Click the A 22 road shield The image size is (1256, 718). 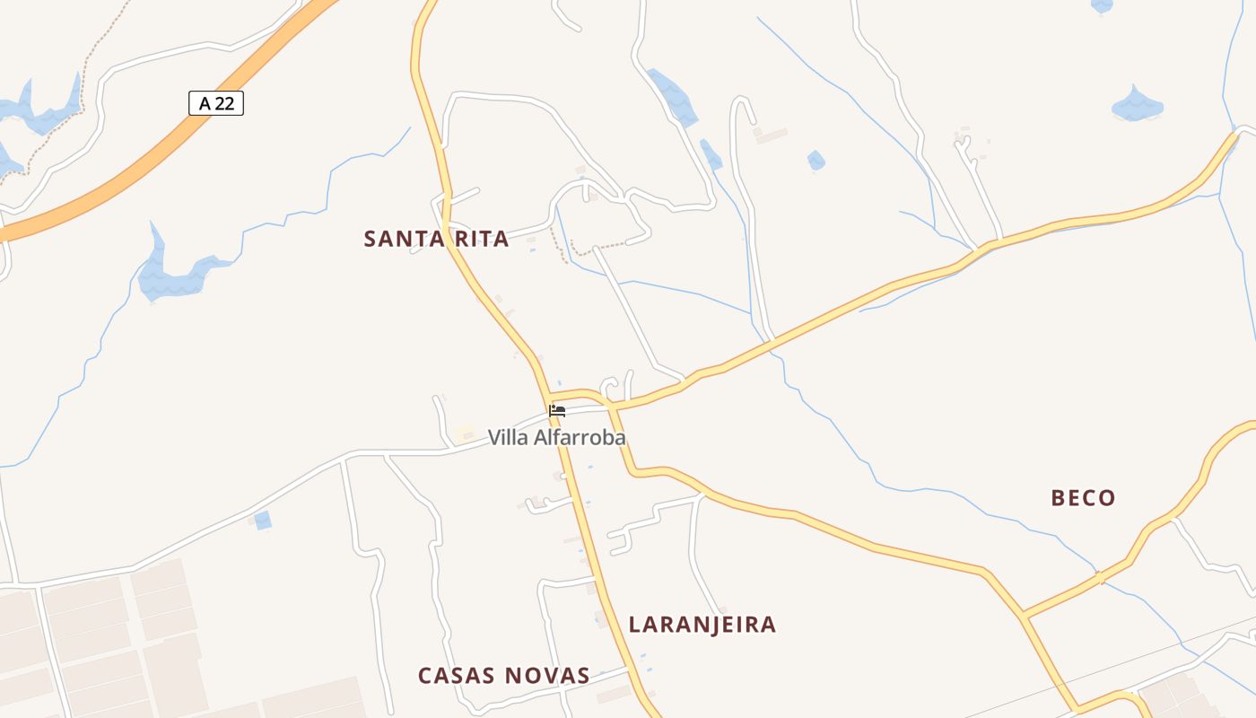click(x=216, y=103)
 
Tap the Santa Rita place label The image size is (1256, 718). click(x=436, y=239)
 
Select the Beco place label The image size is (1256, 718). click(x=1083, y=498)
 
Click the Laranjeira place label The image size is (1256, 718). click(x=702, y=625)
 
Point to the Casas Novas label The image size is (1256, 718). click(x=503, y=676)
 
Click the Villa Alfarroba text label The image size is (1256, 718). click(x=556, y=438)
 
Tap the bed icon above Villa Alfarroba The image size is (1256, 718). click(x=557, y=411)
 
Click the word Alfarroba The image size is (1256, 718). click(x=579, y=438)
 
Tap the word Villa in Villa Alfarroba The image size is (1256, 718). click(x=507, y=438)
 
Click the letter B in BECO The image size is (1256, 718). click(x=1059, y=498)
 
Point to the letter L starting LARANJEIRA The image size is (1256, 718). click(x=635, y=625)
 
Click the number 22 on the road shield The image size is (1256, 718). click(x=224, y=103)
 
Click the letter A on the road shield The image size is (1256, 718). click(x=205, y=103)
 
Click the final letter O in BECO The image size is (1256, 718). click(x=1108, y=498)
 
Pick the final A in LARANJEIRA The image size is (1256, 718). click(x=768, y=625)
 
